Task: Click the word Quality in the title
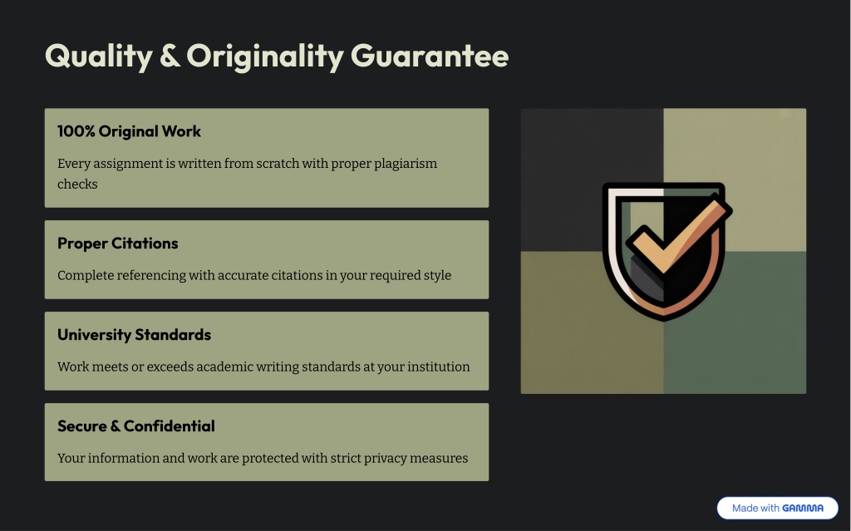tap(99, 56)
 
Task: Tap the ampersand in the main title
tap(170, 56)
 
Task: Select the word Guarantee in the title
tap(430, 56)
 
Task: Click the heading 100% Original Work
tap(129, 131)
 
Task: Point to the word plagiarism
tap(406, 164)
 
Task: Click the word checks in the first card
tap(77, 184)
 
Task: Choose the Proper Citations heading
tap(118, 243)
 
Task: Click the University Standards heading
tap(134, 334)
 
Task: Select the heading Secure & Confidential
tap(136, 426)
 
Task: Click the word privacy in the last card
tap(385, 458)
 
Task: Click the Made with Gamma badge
tap(778, 509)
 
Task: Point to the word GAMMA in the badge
tap(803, 509)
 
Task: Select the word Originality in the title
tap(265, 56)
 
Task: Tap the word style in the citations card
tap(437, 275)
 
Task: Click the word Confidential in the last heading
tap(170, 426)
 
